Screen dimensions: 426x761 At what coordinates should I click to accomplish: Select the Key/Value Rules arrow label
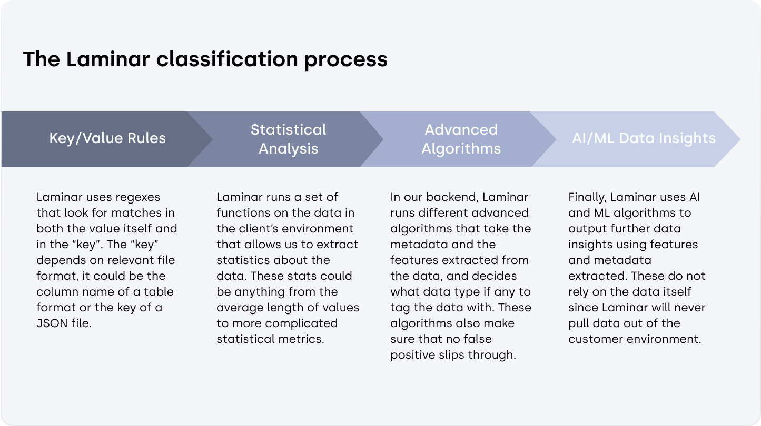(x=107, y=138)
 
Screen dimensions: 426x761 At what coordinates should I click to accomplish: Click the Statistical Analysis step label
(x=288, y=139)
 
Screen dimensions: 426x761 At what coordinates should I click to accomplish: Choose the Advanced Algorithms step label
(x=461, y=139)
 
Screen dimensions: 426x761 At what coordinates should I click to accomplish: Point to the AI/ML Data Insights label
(x=644, y=138)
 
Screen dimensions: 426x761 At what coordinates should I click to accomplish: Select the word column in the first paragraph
(x=57, y=292)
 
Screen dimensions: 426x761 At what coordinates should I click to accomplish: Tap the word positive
(x=412, y=355)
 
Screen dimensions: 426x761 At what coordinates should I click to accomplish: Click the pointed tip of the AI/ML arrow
(x=740, y=139)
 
